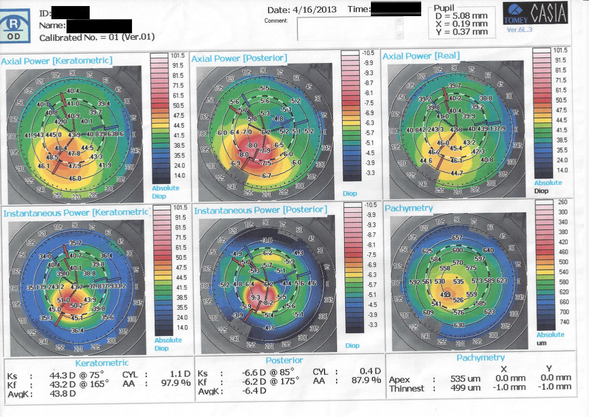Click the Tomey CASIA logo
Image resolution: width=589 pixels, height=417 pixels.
535,15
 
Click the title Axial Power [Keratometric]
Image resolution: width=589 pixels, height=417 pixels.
56,61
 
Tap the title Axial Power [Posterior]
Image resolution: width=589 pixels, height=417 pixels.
239,58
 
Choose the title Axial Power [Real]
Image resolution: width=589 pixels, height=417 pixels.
421,56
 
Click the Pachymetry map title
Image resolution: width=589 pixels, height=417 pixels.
409,208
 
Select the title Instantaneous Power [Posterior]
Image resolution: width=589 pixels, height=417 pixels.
260,210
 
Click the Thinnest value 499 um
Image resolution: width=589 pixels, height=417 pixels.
466,388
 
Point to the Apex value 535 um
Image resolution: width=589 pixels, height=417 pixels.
466,379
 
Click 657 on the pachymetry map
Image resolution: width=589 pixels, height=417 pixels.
457,237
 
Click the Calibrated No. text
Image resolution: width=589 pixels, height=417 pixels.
97,37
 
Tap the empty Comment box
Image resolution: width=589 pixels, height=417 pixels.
347,29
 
